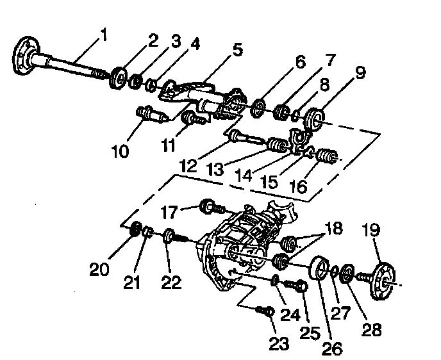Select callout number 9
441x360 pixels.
(360, 72)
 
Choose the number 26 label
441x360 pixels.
(332, 348)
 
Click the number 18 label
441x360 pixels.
(333, 229)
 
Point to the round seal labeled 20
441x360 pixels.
(135, 229)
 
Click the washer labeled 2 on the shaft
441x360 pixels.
(119, 76)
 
